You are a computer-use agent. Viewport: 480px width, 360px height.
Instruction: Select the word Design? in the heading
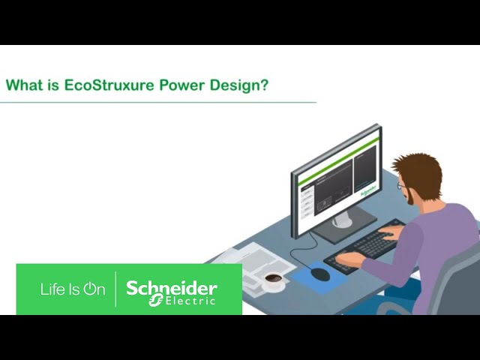point(238,85)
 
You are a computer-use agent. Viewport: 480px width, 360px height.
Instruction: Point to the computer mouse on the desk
point(320,274)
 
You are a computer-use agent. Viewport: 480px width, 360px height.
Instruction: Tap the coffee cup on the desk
point(274,280)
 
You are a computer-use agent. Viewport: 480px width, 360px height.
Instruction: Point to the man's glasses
point(402,185)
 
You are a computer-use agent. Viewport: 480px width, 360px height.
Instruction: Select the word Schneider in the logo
point(172,288)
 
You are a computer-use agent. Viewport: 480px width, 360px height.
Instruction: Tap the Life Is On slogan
point(73,289)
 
